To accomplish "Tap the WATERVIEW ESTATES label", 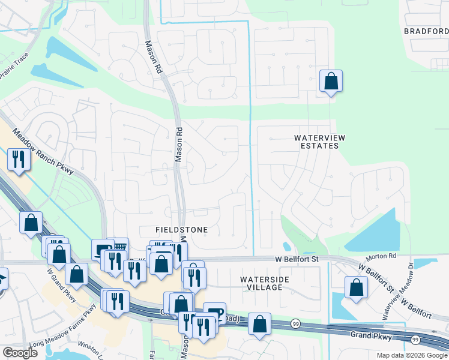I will [320, 142].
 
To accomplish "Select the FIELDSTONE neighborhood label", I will [181, 230].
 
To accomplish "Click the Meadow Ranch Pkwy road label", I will [42, 154].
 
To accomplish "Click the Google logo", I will [20, 353].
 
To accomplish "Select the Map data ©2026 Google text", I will [412, 355].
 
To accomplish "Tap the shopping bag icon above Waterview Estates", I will [331, 80].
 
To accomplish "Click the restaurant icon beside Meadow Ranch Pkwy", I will [18, 158].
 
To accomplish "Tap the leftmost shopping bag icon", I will [31, 222].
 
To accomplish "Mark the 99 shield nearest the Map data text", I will [415, 340].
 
